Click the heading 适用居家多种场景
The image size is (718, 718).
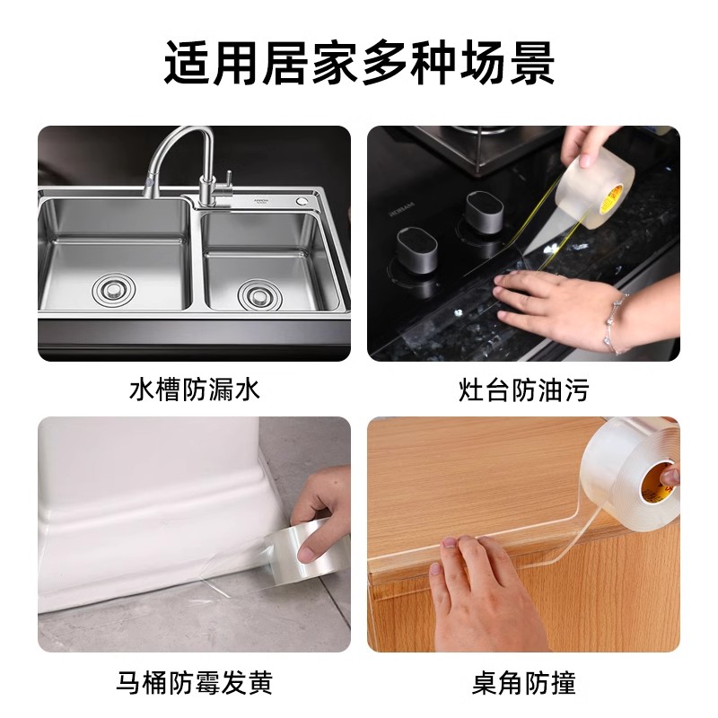[x=359, y=62]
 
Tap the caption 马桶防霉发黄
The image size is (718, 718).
[x=194, y=684]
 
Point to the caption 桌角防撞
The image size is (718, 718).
[x=523, y=684]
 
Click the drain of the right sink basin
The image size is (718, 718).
[x=255, y=293]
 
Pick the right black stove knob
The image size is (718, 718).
[x=485, y=212]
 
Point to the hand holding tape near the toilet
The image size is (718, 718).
[x=319, y=503]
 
